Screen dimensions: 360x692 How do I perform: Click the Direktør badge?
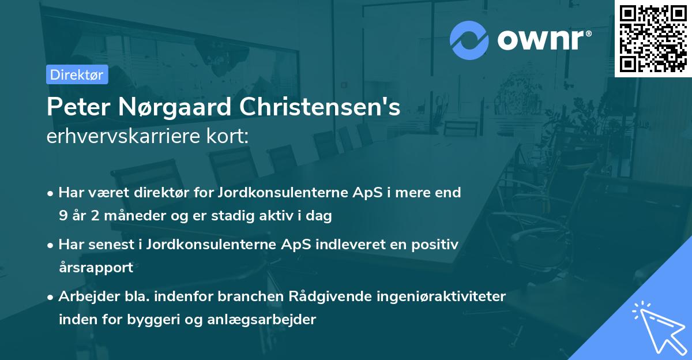coord(77,74)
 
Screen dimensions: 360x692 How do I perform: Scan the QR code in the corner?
coord(653,38)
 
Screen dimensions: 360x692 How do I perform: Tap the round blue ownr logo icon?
coord(469,40)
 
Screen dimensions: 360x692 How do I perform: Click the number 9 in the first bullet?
coord(62,216)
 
